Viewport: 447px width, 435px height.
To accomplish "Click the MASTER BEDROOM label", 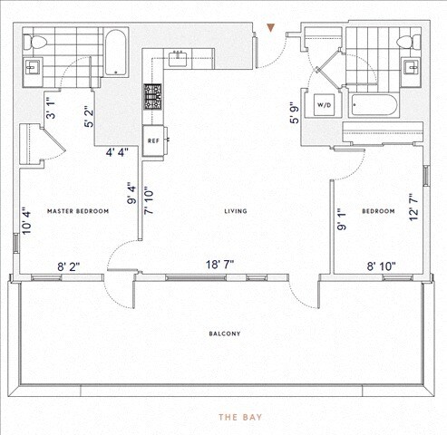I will point(78,211).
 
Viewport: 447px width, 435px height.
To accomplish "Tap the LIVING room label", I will point(236,211).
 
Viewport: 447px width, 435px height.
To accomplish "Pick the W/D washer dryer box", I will point(324,104).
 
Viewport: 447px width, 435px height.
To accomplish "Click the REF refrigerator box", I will point(153,140).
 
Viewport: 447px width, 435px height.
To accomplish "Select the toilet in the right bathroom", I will point(413,42).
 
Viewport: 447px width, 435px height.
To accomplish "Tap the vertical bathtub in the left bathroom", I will point(116,53).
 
